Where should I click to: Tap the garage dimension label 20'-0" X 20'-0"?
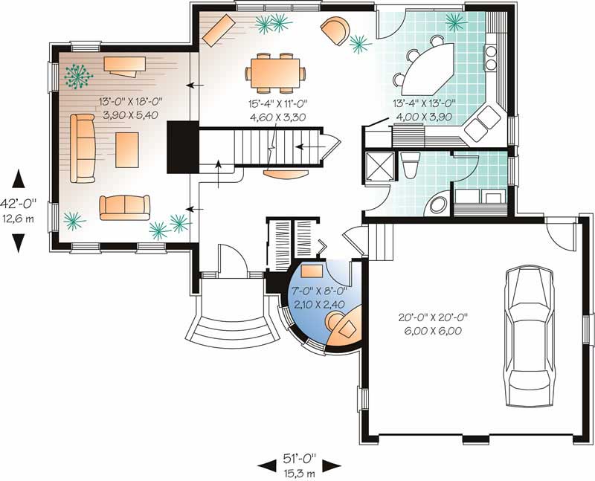click(x=434, y=319)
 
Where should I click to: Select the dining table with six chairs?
click(x=276, y=72)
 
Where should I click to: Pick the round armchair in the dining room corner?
click(x=334, y=30)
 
